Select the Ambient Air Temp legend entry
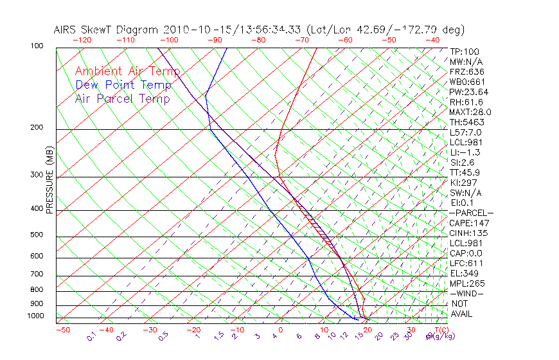(127, 71)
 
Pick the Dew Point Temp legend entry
(123, 85)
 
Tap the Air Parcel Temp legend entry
(122, 98)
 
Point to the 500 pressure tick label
(37, 235)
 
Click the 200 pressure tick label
(37, 128)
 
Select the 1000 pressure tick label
(35, 316)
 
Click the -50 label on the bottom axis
(62, 330)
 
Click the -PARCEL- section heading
(471, 213)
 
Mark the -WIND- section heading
(467, 293)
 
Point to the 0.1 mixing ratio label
(91, 336)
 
